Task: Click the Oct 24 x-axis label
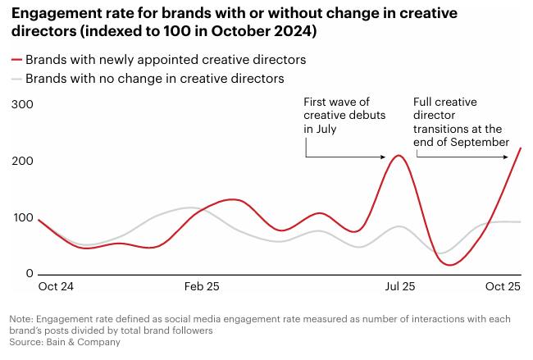click(x=56, y=287)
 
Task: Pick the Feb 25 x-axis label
click(x=202, y=287)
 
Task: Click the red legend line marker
click(x=16, y=60)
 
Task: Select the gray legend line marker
click(x=16, y=79)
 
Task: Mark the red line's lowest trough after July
click(x=449, y=265)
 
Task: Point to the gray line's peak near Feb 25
click(x=189, y=207)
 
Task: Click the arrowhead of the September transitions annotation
click(x=520, y=144)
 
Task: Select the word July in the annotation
click(x=326, y=130)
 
